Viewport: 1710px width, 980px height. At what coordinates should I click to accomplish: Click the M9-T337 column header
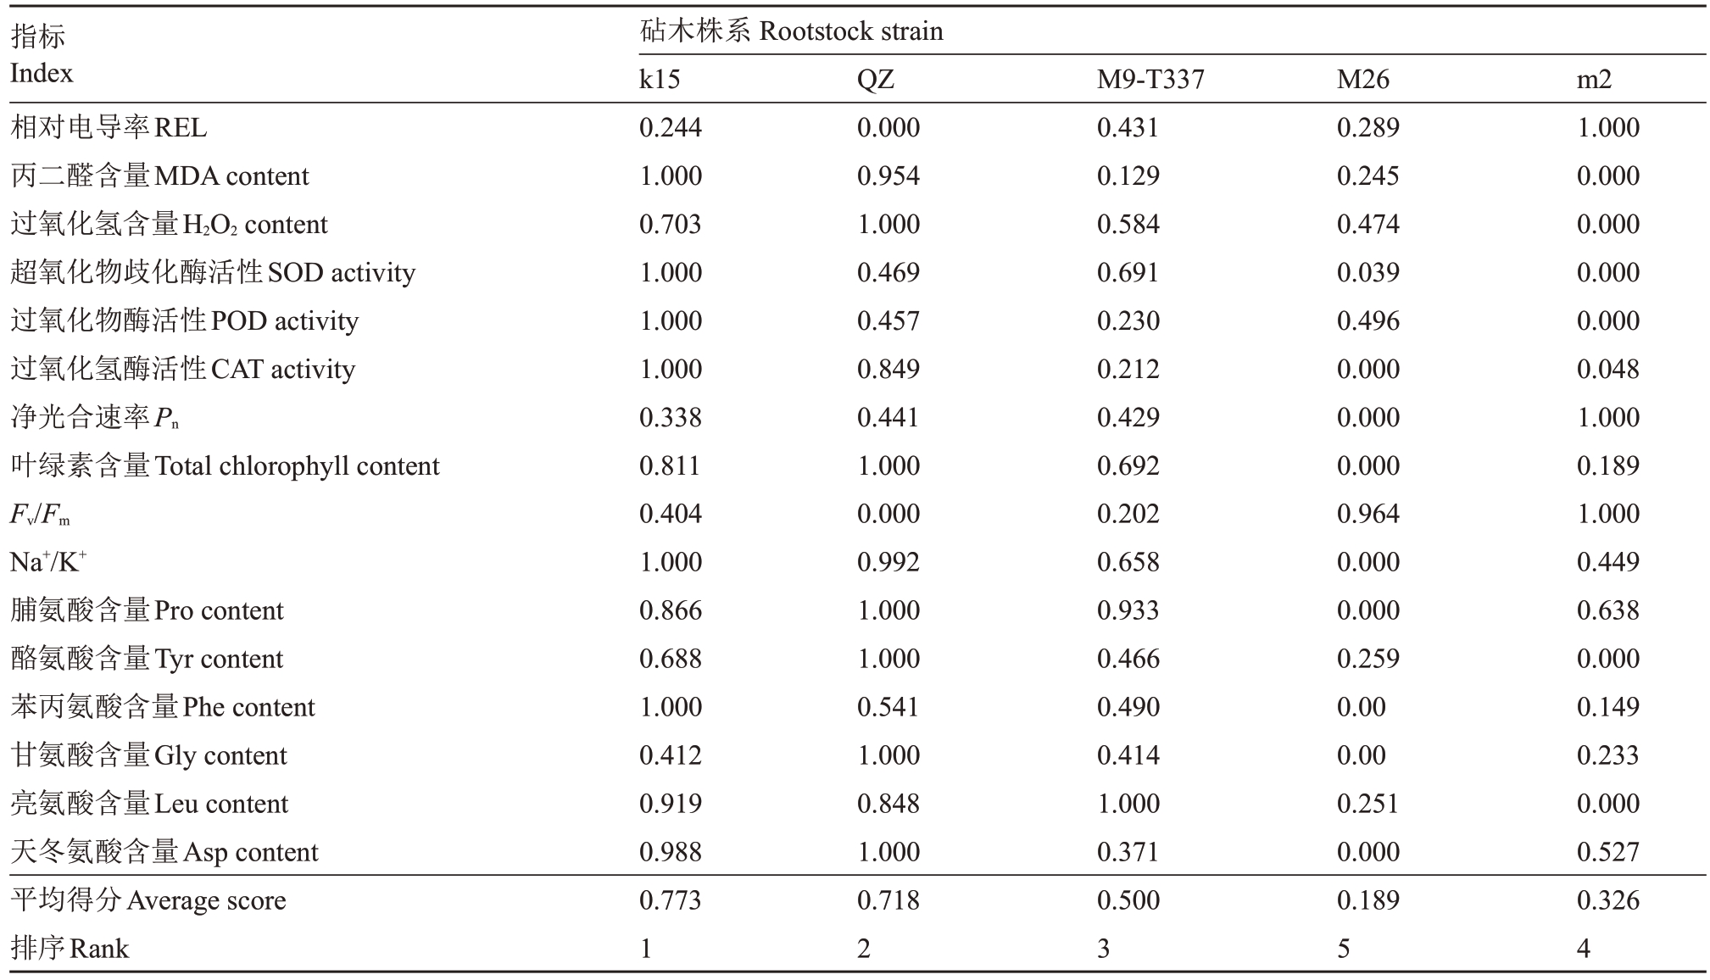tap(1150, 80)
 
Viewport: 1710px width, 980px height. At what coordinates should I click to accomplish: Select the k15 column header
tap(660, 80)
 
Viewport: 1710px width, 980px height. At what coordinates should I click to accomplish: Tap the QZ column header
tap(876, 80)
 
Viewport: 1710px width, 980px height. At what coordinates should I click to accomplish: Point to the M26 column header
tap(1363, 80)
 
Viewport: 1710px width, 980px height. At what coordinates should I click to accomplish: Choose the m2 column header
tap(1595, 80)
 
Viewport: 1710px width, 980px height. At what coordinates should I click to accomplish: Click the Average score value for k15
tap(671, 900)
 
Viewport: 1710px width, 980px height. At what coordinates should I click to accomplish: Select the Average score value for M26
tap(1368, 900)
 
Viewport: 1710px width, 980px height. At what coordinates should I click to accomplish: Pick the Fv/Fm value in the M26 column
tap(1368, 514)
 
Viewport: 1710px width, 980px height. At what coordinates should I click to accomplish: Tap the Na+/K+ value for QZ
tap(888, 562)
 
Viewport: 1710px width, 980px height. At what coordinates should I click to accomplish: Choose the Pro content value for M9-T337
tap(1128, 610)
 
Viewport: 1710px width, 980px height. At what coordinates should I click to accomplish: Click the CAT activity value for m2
tap(1608, 369)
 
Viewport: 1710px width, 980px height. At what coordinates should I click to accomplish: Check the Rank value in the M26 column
tap(1344, 949)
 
